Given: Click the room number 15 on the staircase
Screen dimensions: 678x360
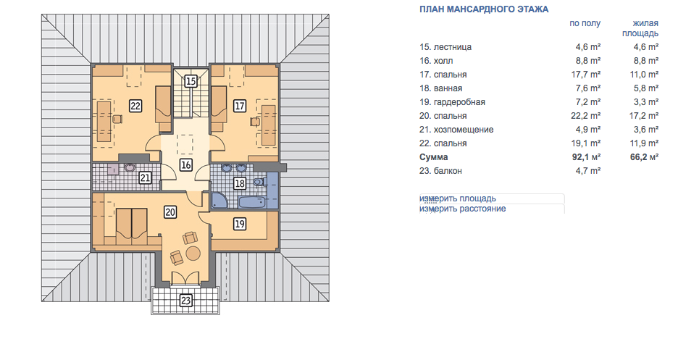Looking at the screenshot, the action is (x=191, y=81).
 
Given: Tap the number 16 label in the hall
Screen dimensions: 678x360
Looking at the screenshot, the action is (x=186, y=164).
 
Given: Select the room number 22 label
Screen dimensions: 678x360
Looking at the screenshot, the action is (x=135, y=106).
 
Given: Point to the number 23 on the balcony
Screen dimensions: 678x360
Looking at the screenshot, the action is (x=185, y=301).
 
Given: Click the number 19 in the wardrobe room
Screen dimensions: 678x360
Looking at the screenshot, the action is (x=240, y=224).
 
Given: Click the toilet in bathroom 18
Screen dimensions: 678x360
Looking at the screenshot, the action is (x=259, y=182).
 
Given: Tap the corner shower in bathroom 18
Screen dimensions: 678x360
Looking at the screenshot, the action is (x=220, y=201).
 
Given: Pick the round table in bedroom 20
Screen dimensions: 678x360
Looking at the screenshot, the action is (x=193, y=254).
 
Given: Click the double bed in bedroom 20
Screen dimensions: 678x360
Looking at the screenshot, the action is (x=131, y=222).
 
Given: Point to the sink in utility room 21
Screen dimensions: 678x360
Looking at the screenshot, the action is (x=129, y=167).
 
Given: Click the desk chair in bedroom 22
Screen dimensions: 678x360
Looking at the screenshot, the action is (x=117, y=120).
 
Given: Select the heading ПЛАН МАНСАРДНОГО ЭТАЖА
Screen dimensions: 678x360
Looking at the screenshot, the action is (x=484, y=9).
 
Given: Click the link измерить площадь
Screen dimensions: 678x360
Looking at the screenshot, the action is (x=458, y=198).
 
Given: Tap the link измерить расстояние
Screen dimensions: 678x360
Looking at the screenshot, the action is (x=463, y=209).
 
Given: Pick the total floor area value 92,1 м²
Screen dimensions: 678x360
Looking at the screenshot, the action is (x=586, y=157).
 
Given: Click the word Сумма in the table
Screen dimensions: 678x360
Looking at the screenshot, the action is (x=434, y=157).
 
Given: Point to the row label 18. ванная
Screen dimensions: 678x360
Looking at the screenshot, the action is (x=440, y=88).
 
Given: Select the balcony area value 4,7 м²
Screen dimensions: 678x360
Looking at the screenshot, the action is (x=588, y=171).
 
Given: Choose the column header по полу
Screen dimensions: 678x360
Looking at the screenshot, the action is (x=585, y=23).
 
